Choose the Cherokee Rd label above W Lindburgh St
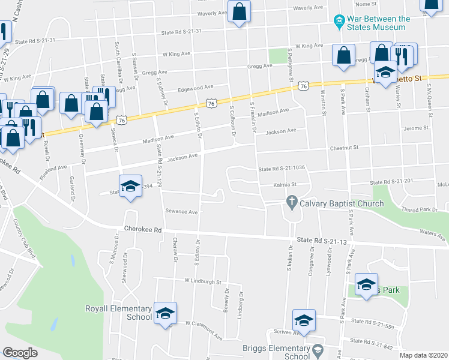coord(143,229)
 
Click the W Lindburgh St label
coord(203,281)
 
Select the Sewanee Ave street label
coord(182,211)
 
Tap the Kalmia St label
coord(286,185)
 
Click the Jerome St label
coord(417,128)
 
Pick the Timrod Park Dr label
coord(420,210)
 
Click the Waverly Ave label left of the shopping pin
coord(212,13)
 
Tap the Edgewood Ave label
coord(195,88)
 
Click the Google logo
coord(20,353)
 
